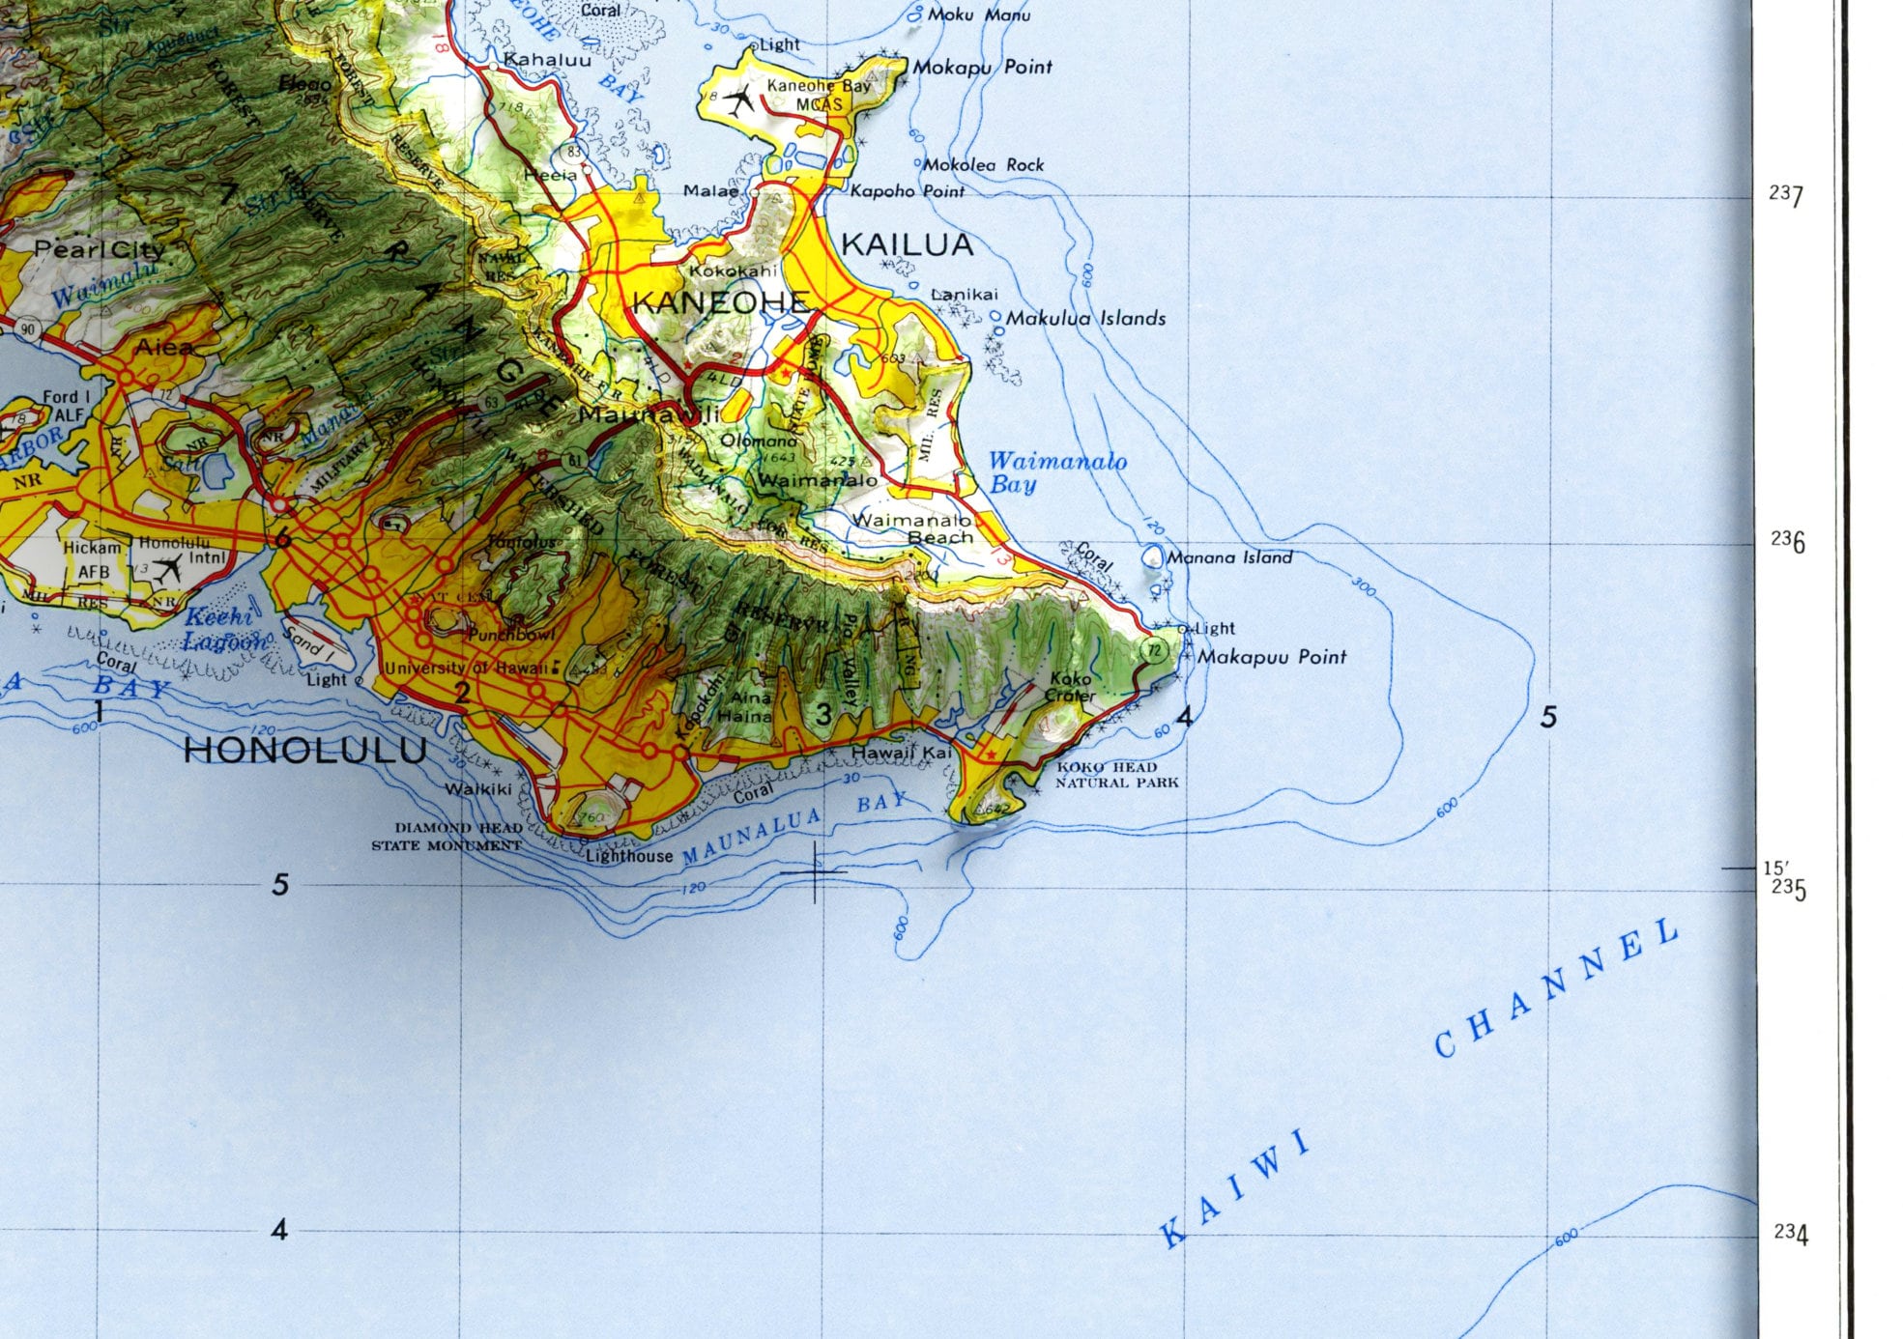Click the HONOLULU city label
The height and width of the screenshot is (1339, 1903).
pyautogui.click(x=305, y=751)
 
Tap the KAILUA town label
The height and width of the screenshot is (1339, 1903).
pyautogui.click(x=907, y=245)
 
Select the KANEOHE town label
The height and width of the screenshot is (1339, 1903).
pyautogui.click(x=720, y=302)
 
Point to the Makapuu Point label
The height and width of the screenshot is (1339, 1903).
pyautogui.click(x=1272, y=657)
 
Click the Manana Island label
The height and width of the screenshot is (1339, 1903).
pyautogui.click(x=1228, y=557)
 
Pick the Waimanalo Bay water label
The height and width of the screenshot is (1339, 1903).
pyautogui.click(x=1056, y=472)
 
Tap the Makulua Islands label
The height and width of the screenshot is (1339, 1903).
pyautogui.click(x=1085, y=318)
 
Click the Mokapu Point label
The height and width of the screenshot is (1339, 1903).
pyautogui.click(x=982, y=67)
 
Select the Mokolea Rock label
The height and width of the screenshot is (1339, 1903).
pyautogui.click(x=983, y=165)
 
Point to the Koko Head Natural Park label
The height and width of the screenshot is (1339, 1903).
pyautogui.click(x=1116, y=775)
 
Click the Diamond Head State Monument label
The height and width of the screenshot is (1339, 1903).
pyautogui.click(x=447, y=837)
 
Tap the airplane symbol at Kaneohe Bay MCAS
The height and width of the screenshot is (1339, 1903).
pyautogui.click(x=741, y=100)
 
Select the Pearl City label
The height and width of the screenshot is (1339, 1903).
pyautogui.click(x=99, y=249)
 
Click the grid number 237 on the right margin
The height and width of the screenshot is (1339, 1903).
pyautogui.click(x=1786, y=195)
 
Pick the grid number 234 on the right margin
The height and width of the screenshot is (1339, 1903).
pyautogui.click(x=1790, y=1232)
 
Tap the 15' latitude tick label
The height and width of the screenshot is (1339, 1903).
pyautogui.click(x=1775, y=869)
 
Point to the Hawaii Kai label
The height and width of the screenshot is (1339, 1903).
pyautogui.click(x=901, y=752)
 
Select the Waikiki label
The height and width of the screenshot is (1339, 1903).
pyautogui.click(x=477, y=789)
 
